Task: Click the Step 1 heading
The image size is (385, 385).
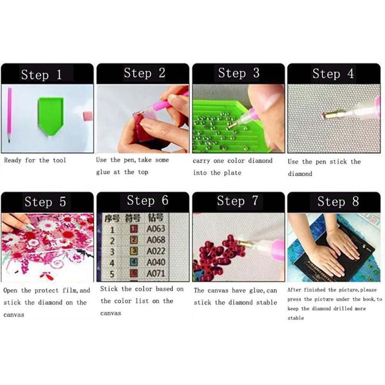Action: (x=41, y=74)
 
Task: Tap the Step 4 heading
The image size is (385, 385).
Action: (x=333, y=73)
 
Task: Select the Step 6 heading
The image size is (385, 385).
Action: (x=147, y=200)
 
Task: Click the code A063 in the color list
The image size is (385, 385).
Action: (x=155, y=229)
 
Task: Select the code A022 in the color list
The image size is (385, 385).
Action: (x=155, y=251)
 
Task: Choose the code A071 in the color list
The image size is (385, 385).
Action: (x=155, y=274)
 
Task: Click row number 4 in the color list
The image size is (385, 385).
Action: (x=112, y=263)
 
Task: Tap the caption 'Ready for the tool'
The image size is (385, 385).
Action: (x=35, y=160)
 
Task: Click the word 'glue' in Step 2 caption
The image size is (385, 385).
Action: (x=103, y=172)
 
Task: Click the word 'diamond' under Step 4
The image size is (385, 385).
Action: (x=300, y=174)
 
